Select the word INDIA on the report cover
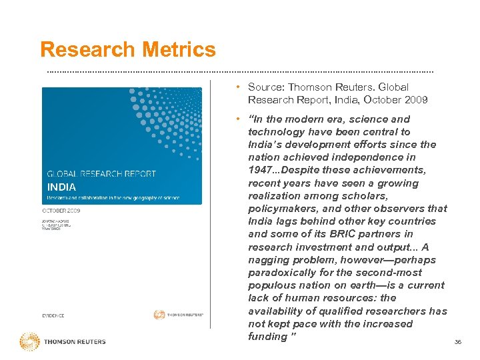pyautogui.click(x=61, y=187)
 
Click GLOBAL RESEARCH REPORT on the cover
pyautogui.click(x=101, y=174)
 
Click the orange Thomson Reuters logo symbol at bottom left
pyautogui.click(x=29, y=342)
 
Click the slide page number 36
pyautogui.click(x=457, y=342)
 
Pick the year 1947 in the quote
pyautogui.click(x=263, y=170)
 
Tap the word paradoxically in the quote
pyautogui.click(x=279, y=273)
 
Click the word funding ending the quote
pyautogui.click(x=267, y=337)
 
